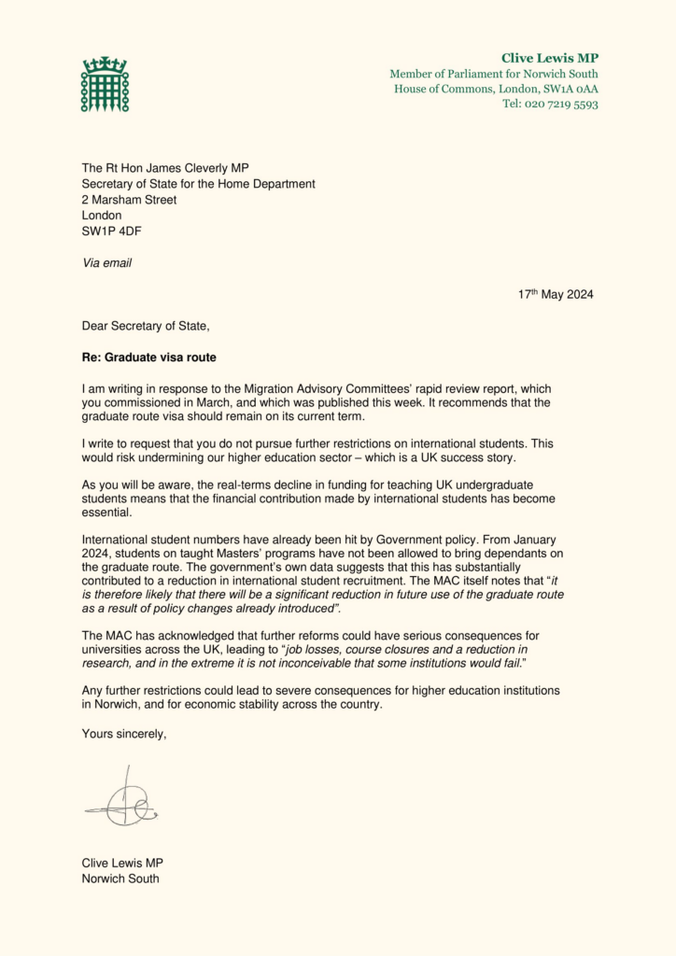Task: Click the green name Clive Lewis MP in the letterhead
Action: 550,58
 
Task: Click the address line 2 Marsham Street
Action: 129,200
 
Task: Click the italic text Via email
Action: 106,262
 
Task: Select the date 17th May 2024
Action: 556,294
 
